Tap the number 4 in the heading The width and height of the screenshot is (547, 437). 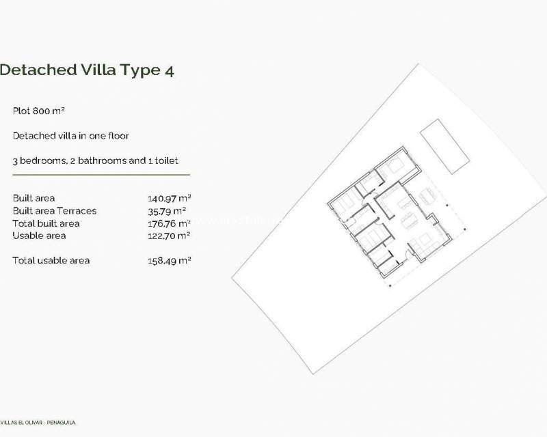pos(168,70)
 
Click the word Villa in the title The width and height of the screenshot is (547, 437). pos(99,70)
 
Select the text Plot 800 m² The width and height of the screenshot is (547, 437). pos(38,111)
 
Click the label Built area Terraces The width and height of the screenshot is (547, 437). pos(55,210)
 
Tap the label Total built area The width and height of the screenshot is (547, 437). pos(46,223)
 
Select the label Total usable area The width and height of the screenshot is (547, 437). pos(51,260)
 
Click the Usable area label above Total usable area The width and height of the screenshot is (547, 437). pos(39,236)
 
